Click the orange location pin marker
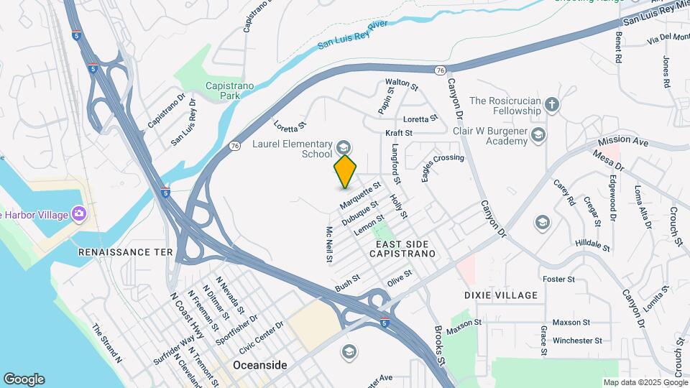tap(345, 171)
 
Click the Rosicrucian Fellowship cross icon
tap(551, 105)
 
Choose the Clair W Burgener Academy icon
tap(538, 134)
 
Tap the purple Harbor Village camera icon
tap(79, 213)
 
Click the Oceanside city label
tap(259, 365)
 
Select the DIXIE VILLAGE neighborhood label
tap(501, 295)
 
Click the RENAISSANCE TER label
tap(126, 252)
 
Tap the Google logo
tap(24, 379)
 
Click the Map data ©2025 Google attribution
tap(644, 382)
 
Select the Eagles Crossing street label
tap(443, 168)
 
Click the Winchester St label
tap(577, 340)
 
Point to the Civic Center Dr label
tap(262, 335)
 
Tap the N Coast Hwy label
tap(185, 315)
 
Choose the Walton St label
tap(402, 85)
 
